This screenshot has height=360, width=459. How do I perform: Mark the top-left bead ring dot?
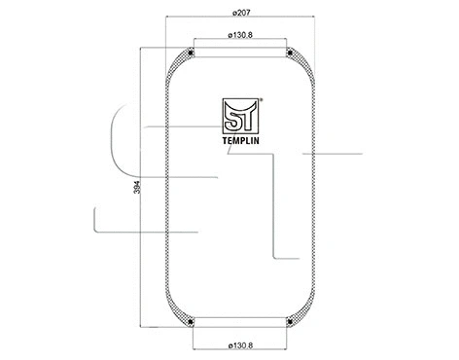coord(194,53)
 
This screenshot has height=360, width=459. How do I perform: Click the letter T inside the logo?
coord(247,115)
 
